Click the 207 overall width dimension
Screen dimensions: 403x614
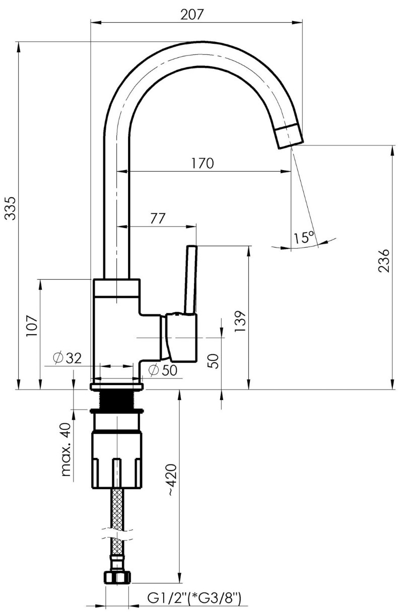[192, 14]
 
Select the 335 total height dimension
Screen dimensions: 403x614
[11, 208]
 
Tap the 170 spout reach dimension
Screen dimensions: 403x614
[202, 163]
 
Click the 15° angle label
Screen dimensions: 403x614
[303, 237]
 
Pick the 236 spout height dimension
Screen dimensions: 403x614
[383, 260]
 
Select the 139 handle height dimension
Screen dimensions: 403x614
[240, 321]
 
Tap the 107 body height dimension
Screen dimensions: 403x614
[31, 327]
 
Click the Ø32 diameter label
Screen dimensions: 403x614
[67, 358]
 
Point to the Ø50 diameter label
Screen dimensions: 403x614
[163, 370]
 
